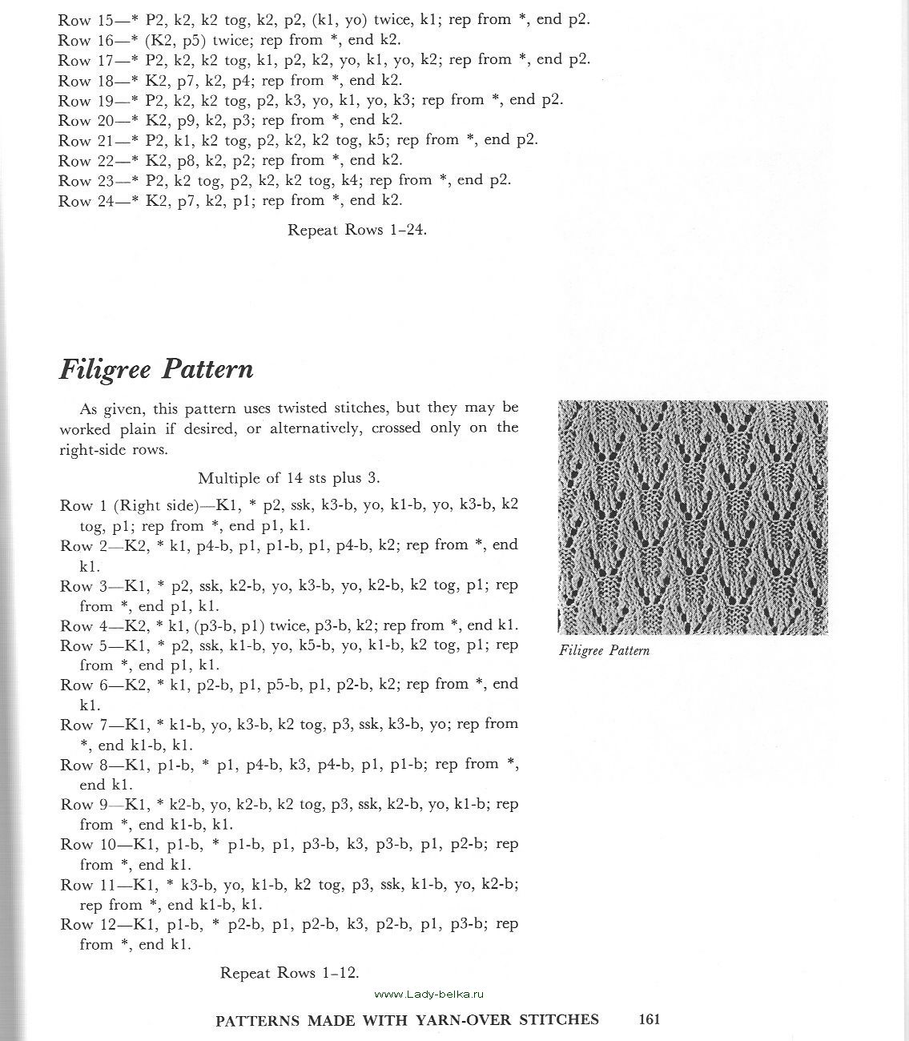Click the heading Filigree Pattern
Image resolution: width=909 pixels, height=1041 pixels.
point(156,369)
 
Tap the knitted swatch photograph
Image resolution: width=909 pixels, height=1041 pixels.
point(693,517)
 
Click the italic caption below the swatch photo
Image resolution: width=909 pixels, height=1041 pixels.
point(604,651)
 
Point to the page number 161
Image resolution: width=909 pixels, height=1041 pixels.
point(649,1019)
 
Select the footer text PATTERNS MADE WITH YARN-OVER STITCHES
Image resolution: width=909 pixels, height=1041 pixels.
point(408,1020)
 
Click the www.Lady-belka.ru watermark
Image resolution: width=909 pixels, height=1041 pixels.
point(430,994)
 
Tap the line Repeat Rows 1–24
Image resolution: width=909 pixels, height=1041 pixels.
point(357,230)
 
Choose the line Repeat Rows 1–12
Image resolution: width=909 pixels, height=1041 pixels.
point(290,973)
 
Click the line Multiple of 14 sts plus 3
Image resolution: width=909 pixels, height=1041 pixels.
point(289,478)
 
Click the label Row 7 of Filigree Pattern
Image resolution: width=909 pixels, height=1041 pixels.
point(83,725)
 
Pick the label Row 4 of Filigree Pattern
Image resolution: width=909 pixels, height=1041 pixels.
point(83,625)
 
